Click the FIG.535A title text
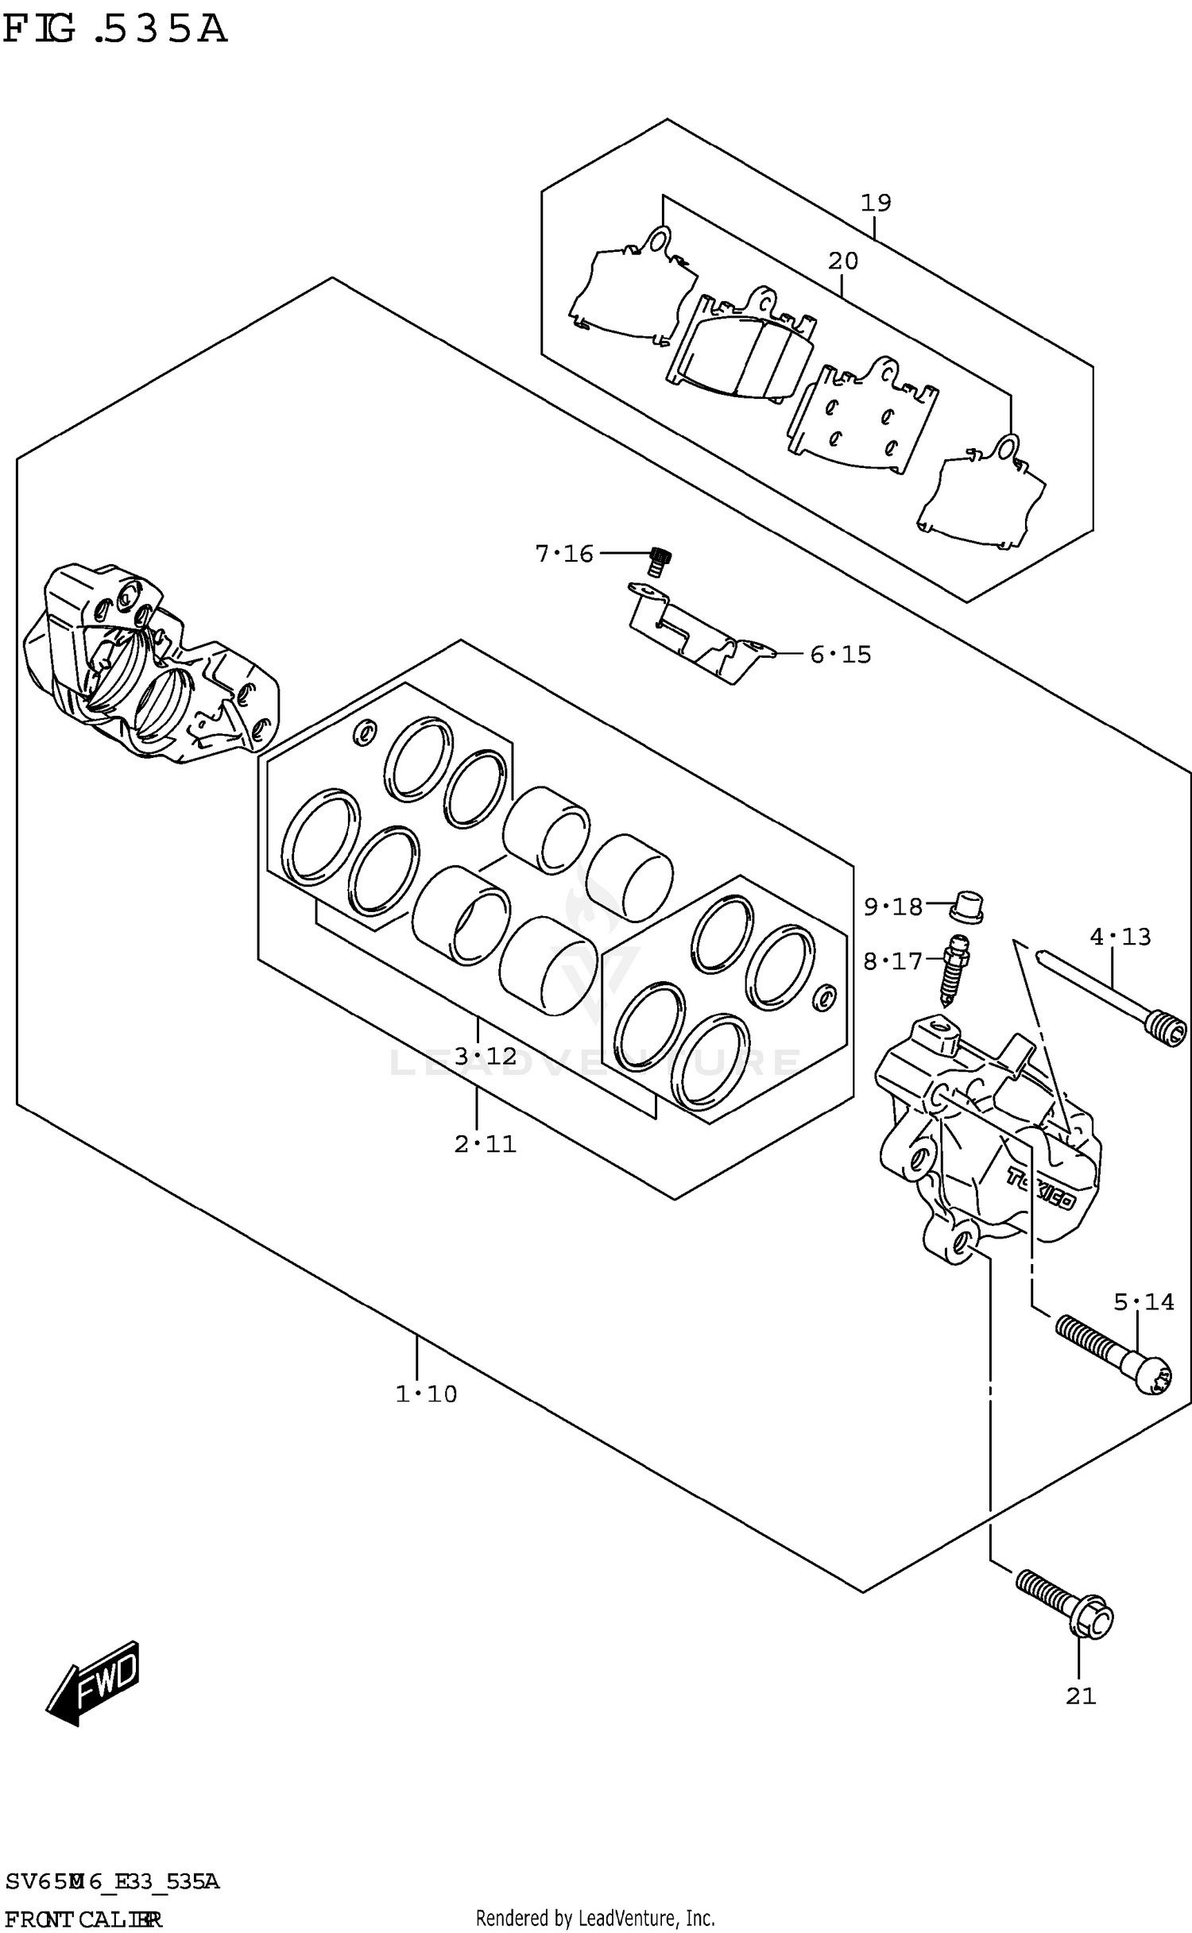115,29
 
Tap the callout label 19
876,203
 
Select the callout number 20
842,261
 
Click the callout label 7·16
564,554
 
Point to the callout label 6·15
841,655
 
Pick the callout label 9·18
893,907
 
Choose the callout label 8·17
893,962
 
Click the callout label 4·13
1120,938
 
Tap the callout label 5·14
1144,1302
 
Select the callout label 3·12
486,1057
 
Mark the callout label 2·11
486,1145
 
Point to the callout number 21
1081,1696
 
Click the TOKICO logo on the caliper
1041,1189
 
